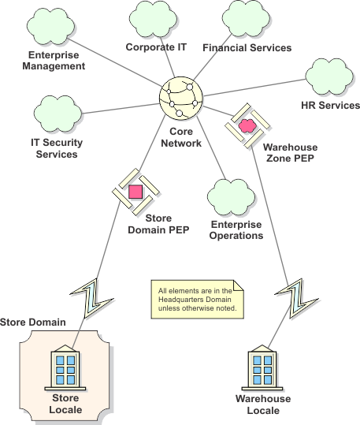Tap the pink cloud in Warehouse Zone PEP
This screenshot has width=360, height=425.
click(247, 125)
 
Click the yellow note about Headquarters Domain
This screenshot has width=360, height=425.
click(197, 300)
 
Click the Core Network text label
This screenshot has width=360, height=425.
click(185, 138)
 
